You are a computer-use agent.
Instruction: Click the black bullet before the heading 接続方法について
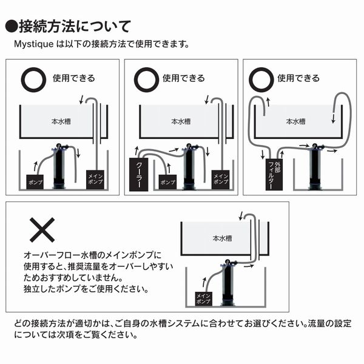tap(12, 27)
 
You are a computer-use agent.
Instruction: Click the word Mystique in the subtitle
tap(34, 44)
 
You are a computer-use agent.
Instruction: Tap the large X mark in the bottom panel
tap(42, 230)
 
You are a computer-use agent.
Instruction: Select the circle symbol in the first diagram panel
tap(33, 79)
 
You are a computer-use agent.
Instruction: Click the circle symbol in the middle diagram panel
tap(146, 79)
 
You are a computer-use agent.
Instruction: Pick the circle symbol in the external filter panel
tap(261, 79)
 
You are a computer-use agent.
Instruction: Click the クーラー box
tap(138, 174)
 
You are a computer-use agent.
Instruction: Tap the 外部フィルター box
tap(274, 175)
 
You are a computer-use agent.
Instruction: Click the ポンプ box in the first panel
tap(35, 182)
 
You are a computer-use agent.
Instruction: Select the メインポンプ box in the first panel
tap(95, 180)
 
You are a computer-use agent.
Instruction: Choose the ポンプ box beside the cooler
tap(167, 182)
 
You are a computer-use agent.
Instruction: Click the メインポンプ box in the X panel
tap(203, 298)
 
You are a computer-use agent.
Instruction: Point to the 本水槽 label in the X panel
tap(222, 238)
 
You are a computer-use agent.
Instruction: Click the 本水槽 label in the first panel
tap(61, 121)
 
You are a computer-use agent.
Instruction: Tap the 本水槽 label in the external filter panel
tap(295, 121)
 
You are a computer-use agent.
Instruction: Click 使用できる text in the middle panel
tap(184, 78)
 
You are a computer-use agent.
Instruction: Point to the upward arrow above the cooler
tap(136, 150)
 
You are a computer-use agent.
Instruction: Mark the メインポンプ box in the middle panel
tap(221, 180)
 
